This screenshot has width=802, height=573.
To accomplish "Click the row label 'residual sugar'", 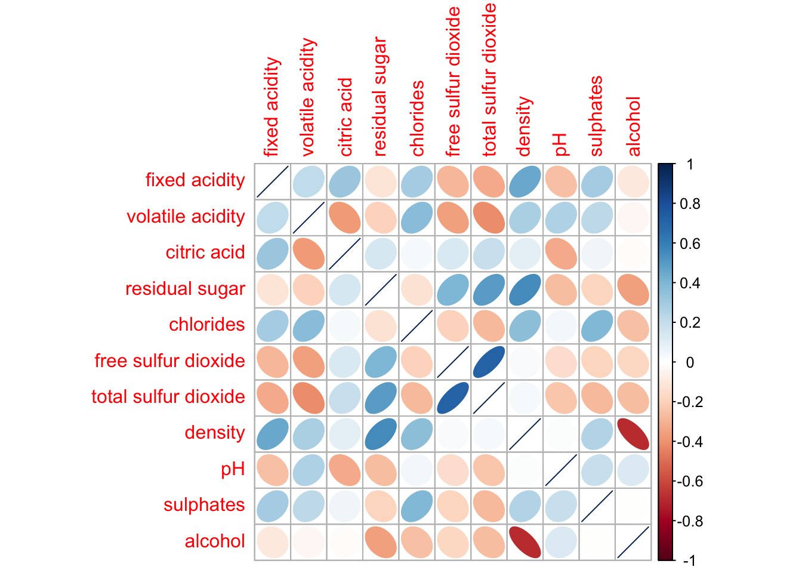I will tap(185, 289).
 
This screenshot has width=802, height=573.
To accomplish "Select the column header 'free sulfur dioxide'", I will tap(454, 82).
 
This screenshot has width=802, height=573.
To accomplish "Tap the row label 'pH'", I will tap(233, 469).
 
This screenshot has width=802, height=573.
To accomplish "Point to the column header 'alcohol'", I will tap(634, 127).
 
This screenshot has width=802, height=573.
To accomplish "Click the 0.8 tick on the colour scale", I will tap(689, 204).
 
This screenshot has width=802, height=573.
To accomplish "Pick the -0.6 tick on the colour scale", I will tap(689, 482).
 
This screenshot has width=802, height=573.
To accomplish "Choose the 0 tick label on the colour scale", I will tap(690, 362).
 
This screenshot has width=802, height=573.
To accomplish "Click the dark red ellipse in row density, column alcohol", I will tap(633, 434).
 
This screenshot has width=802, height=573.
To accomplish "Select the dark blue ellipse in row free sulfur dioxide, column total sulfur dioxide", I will tap(489, 362).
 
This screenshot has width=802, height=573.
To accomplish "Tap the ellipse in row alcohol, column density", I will tap(525, 542).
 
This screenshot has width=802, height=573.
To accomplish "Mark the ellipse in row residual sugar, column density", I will tap(525, 289).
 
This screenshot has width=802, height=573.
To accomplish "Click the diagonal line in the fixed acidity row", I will tap(273, 181).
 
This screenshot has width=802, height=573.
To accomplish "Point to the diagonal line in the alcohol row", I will tap(633, 542).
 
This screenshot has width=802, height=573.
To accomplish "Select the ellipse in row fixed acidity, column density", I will tap(525, 181).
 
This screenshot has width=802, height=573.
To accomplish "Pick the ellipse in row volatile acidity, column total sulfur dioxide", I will tap(489, 217).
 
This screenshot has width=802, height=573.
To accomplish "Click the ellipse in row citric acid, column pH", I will tap(561, 254).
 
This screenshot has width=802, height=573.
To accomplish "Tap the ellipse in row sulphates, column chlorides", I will tap(417, 506).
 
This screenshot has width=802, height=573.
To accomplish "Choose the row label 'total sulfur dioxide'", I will tap(168, 397).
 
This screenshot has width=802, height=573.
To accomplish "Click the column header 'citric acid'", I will tap(346, 117).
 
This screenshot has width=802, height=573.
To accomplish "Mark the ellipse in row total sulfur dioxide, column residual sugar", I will tap(381, 398).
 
